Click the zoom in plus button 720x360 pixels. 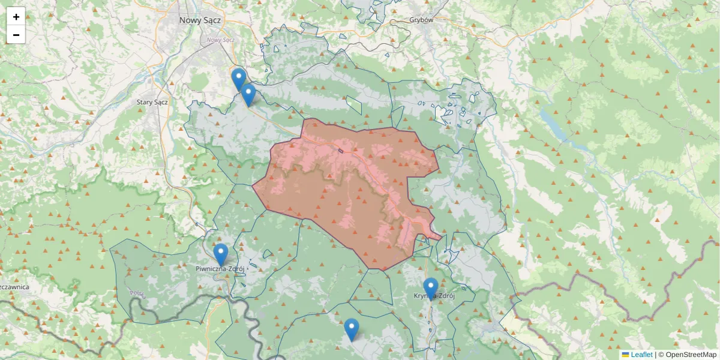(16, 17)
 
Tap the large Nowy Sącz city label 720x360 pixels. (200, 20)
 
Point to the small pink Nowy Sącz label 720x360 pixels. (220, 40)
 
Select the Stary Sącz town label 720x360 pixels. (152, 102)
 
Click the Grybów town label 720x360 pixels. (421, 20)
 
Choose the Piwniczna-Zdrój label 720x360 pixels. (220, 269)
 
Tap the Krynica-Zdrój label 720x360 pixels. (435, 296)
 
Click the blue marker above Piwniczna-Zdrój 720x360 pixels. (221, 254)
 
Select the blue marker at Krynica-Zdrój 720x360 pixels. (430, 287)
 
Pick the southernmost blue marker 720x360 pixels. (352, 329)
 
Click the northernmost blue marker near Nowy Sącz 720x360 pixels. (239, 79)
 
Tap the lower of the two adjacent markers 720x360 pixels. (248, 94)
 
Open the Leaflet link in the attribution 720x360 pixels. (641, 355)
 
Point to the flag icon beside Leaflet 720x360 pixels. (626, 355)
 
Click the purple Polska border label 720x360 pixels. (137, 294)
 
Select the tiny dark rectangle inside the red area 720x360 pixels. (340, 150)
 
